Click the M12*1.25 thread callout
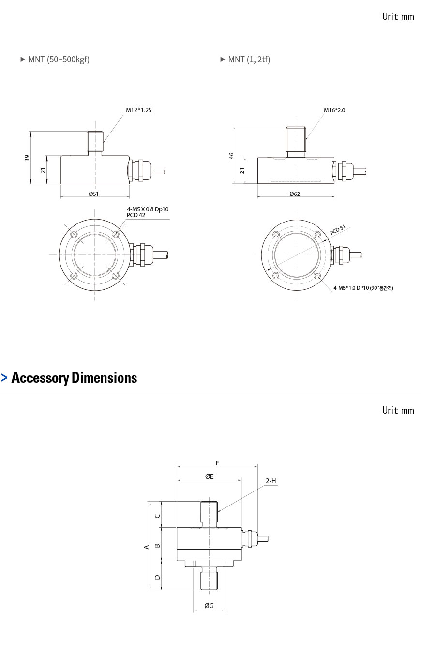coord(138,110)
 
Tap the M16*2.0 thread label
coord(334,110)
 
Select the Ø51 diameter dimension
coord(94,194)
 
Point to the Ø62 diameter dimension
coord(295,194)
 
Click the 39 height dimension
coord(27,158)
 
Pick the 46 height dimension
coord(231,156)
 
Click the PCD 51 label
coord(338,230)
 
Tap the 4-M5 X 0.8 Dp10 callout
coord(148,209)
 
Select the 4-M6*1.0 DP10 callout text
coord(363,288)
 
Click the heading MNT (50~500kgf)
coord(59,60)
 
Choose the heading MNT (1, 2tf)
coord(249,60)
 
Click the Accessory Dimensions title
coord(74,378)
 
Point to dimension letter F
coord(217,463)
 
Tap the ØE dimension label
coord(209,476)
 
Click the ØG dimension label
coord(209,606)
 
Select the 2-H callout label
coord(271,481)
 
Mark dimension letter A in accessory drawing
coord(146,547)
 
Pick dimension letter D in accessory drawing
coord(157,577)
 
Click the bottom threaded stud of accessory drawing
coord(209,580)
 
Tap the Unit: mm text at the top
coord(398,16)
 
